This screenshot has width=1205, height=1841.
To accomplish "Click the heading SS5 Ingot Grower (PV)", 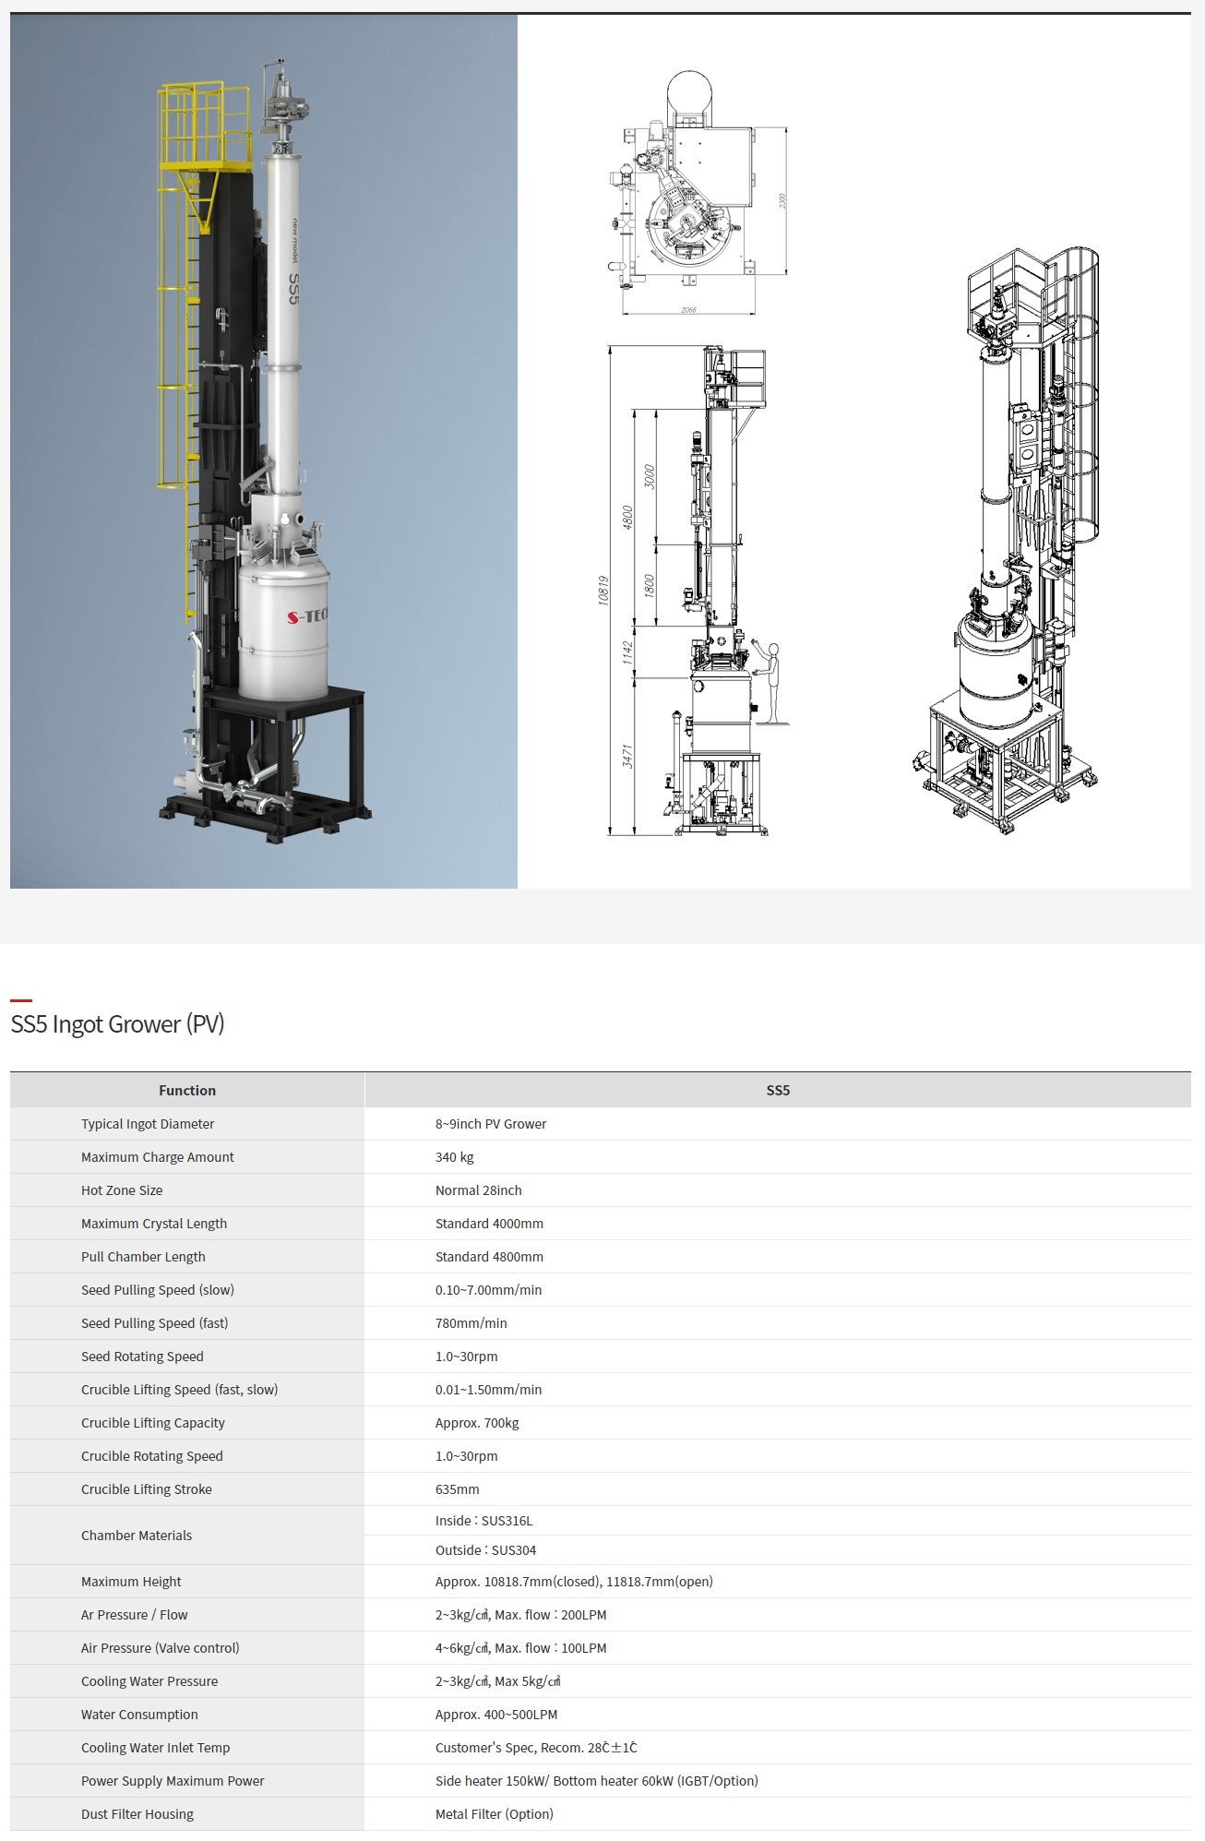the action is coord(117,1024).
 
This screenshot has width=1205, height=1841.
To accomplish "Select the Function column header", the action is coord(187,1090).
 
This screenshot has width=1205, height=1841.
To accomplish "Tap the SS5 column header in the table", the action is coord(778,1090).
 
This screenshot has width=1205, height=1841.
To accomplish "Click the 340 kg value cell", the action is coord(455,1157).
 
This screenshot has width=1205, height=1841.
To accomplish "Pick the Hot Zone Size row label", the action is coord(122,1190).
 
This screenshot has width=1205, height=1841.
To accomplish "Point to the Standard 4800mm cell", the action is coord(489,1257).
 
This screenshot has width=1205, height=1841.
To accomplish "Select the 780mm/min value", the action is coord(471,1323).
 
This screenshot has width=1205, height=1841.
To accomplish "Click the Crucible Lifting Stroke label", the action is coord(147,1489).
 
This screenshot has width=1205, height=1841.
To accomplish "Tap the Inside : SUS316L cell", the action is coord(484,1521).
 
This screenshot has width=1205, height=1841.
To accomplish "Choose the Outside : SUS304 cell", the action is coord(486,1550).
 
